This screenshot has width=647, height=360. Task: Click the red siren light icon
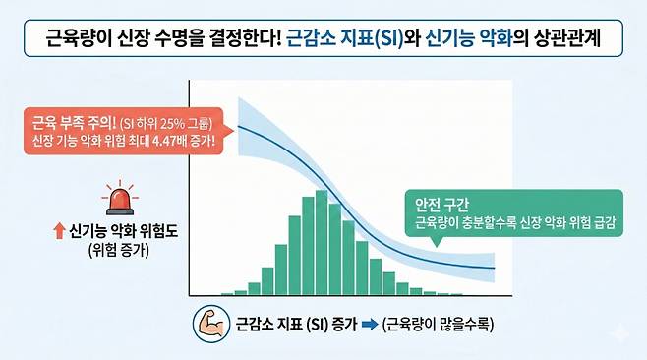120,200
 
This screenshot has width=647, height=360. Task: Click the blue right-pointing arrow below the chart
366,321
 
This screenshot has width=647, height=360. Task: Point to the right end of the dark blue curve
494,268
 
